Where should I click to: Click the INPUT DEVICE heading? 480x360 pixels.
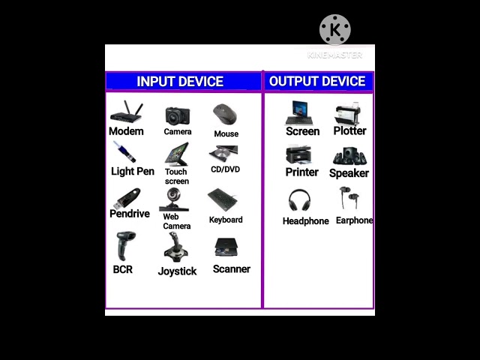point(180,82)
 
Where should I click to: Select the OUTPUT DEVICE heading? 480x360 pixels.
point(317,82)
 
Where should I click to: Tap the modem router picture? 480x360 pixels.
point(126,113)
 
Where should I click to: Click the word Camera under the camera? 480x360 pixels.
point(178,132)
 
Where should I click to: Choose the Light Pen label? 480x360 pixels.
point(133,172)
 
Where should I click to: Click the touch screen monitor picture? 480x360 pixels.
point(177,154)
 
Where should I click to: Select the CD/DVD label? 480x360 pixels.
point(225,169)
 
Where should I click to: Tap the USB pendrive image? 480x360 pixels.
point(127,199)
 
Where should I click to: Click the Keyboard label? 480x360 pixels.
point(226,220)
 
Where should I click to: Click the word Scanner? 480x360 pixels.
point(232,269)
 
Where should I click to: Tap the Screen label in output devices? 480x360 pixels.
point(303,131)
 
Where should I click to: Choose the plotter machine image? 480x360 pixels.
point(349,114)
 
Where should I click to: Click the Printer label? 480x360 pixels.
point(302,172)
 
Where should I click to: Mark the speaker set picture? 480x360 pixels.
point(349,156)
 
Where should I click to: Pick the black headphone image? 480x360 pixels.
point(300,201)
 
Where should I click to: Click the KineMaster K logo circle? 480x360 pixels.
point(334,30)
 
